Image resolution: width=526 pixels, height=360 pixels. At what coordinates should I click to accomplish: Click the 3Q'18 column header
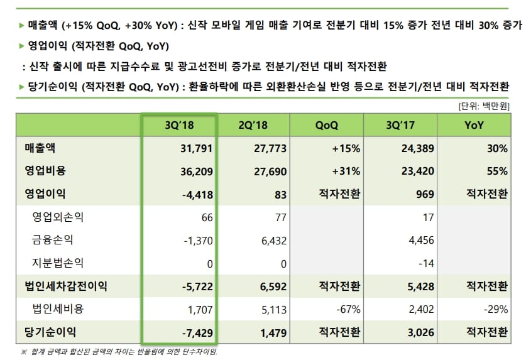pos(179,126)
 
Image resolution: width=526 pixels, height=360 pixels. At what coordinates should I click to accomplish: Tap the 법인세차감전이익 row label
pos(62,286)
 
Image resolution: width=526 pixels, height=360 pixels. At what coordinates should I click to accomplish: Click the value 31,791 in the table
pos(196,148)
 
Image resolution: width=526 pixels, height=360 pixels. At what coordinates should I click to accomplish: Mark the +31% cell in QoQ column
pos(347,171)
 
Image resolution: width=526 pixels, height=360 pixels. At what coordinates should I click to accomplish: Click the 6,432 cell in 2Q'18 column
pos(273,240)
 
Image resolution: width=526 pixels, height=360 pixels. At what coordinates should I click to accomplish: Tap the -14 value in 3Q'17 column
pos(427,263)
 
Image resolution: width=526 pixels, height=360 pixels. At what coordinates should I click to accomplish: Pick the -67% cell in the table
pos(348,308)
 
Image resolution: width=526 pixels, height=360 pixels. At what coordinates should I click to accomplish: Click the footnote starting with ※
pos(119,351)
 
